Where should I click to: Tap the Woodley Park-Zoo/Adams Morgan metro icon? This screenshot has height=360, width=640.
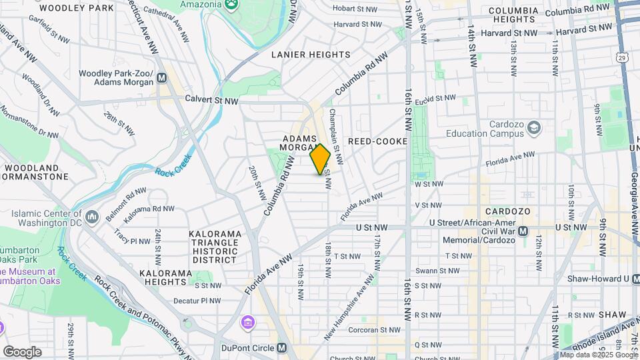pyautogui.click(x=161, y=78)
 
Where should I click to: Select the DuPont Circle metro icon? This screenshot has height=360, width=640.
pyautogui.click(x=282, y=348)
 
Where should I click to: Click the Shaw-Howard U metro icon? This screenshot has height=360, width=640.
pyautogui.click(x=627, y=279)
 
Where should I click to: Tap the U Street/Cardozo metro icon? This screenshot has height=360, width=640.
pyautogui.click(x=523, y=231)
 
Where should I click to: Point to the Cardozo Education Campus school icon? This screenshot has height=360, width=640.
pyautogui.click(x=535, y=127)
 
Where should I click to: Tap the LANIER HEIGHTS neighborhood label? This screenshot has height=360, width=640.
pyautogui.click(x=311, y=55)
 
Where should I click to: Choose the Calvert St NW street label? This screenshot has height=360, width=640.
pyautogui.click(x=212, y=101)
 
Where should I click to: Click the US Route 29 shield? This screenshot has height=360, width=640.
pyautogui.click(x=621, y=59)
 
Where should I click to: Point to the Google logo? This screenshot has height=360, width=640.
pyautogui.click(x=22, y=352)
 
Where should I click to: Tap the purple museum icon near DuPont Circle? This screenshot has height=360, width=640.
pyautogui.click(x=247, y=323)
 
